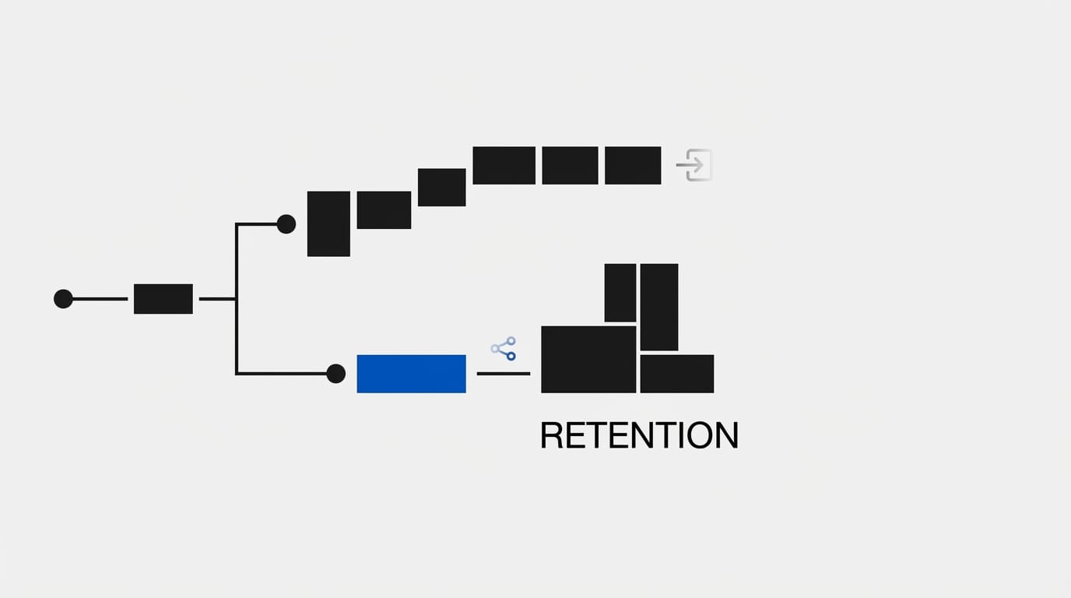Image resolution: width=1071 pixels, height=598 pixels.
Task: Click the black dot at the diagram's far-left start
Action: point(63,299)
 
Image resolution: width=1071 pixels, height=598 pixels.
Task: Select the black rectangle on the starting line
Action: point(163,299)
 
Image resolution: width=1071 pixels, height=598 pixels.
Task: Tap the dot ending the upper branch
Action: point(286,224)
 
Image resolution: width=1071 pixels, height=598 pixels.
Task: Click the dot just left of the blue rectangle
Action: point(335,374)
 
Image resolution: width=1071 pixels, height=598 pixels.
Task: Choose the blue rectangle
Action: point(411,374)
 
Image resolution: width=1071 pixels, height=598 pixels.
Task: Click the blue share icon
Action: point(504,348)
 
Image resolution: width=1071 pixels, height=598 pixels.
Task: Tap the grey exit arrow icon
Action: point(694,165)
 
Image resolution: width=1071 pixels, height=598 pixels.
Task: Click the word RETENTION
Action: point(638,435)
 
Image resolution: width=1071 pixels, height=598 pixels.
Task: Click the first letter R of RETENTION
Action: point(551,435)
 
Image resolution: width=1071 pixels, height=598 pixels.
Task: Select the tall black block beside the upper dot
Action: point(328,223)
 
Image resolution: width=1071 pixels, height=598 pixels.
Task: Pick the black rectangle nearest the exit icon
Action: point(633,165)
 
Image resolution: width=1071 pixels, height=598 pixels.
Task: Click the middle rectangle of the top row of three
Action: point(570,165)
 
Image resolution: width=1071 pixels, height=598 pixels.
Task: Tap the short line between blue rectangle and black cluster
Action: point(503,374)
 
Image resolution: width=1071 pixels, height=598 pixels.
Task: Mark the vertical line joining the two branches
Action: point(237,299)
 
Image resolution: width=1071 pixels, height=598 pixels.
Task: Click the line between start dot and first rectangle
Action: point(100,299)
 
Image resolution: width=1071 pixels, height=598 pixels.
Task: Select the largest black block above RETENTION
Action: point(588,359)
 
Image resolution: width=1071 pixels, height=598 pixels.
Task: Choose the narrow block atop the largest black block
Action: point(620,293)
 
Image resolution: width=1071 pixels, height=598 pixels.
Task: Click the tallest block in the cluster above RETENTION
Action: point(658,307)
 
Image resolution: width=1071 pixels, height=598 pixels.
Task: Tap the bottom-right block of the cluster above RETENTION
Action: point(676,374)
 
